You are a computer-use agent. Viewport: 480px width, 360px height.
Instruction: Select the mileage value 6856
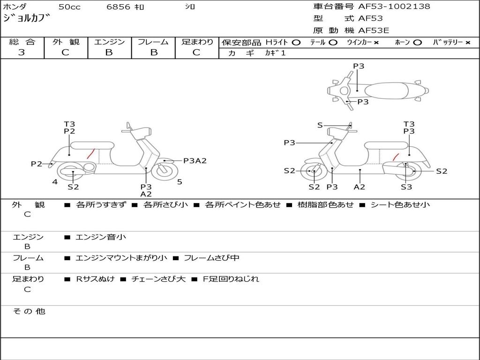[119, 7]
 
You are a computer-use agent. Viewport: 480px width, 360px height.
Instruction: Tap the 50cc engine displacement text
[69, 7]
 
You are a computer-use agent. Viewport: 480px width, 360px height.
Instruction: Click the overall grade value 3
[22, 52]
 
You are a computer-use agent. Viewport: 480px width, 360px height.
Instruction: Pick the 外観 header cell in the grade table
[66, 42]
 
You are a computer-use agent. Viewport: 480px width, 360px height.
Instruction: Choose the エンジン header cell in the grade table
[109, 42]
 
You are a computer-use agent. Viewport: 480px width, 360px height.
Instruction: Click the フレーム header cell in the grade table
[153, 42]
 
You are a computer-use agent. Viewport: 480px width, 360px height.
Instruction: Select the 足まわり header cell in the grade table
[197, 42]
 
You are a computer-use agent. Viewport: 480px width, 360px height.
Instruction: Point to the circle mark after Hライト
[296, 43]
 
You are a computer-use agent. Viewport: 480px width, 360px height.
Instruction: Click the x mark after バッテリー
[467, 43]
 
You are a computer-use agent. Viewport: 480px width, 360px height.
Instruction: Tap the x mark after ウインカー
[376, 43]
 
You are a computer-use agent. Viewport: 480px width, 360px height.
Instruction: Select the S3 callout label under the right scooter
[406, 187]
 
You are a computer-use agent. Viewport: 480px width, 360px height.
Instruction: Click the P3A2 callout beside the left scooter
[195, 161]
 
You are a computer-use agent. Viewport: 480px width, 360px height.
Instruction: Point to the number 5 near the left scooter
[180, 182]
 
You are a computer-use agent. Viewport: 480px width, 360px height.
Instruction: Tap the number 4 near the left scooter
[55, 182]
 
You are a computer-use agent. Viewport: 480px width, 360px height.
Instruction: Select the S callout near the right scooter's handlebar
[320, 125]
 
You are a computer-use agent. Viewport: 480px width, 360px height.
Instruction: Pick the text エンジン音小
[101, 237]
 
